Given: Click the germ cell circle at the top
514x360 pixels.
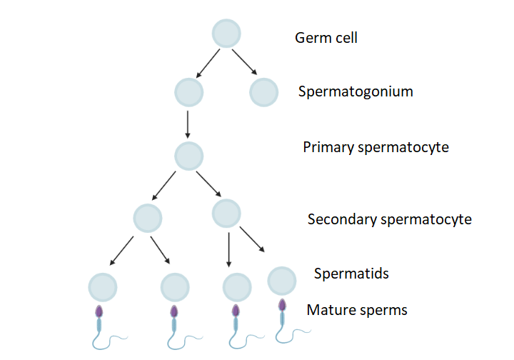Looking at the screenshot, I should (226, 34).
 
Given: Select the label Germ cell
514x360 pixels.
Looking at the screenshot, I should (326, 37).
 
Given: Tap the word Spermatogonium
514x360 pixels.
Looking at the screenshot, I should (356, 91).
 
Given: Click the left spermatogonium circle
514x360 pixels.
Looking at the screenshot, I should (188, 92).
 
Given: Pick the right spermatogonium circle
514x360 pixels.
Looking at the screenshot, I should (263, 92).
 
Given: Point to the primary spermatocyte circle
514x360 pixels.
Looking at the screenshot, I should (188, 155).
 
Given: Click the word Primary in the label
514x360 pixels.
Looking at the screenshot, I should (328, 147).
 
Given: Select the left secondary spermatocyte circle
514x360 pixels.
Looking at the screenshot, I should (147, 218).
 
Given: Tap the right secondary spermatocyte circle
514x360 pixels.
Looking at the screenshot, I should (226, 213).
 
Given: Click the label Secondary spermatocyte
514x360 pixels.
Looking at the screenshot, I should (389, 219).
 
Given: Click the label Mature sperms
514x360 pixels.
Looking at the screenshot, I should (356, 310).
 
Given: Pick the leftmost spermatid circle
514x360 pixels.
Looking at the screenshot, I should (102, 287).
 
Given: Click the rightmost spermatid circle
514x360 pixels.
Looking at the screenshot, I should (282, 281).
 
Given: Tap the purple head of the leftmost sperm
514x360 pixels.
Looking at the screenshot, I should (99, 312).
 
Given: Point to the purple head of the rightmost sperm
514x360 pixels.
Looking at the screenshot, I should (282, 305).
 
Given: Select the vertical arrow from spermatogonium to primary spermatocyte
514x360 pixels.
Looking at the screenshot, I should (188, 123).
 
